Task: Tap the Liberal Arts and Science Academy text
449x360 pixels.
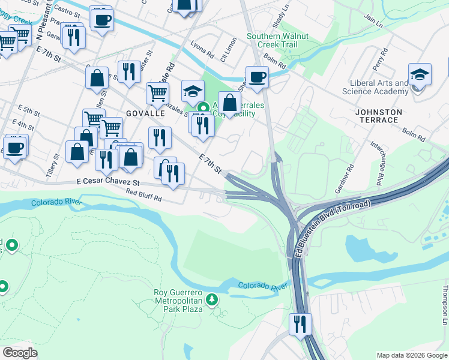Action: coord(375,88)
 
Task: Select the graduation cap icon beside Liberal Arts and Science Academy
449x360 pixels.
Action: coord(420,75)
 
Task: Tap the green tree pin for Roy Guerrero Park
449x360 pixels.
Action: coord(211,299)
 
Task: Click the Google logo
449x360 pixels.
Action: coord(20,353)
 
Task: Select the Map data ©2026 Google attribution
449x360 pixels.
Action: coord(411,355)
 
